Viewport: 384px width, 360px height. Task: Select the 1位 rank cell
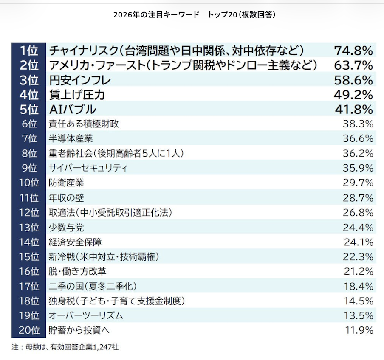click(29, 51)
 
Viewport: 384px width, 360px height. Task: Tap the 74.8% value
click(353, 51)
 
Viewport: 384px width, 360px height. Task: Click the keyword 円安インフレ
click(80, 80)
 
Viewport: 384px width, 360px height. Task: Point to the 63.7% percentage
click(353, 65)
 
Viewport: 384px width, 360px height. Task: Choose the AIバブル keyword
click(73, 109)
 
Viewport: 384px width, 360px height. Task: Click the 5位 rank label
click(29, 109)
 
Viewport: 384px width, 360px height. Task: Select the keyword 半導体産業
click(71, 138)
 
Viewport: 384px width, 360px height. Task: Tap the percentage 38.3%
click(358, 124)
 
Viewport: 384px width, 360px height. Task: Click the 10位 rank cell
click(29, 183)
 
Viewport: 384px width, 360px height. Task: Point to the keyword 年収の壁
click(67, 198)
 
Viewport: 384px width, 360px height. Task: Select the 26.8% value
click(358, 212)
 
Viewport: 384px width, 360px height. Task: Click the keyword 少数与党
click(67, 228)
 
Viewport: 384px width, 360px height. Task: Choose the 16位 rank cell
click(29, 271)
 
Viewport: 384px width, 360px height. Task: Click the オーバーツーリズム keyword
click(86, 315)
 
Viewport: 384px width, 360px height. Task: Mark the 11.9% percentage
click(358, 330)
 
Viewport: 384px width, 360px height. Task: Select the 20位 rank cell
click(29, 330)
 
